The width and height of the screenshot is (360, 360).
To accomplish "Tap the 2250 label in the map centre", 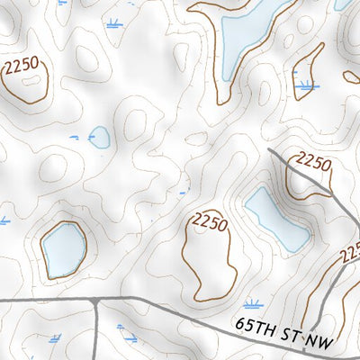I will pos(210,221).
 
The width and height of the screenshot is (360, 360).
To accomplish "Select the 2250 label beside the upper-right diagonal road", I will pos(313,163).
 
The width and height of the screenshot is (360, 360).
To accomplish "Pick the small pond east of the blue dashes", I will pos(100,137).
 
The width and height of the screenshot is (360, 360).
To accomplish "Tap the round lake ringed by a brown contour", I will pos(63,248).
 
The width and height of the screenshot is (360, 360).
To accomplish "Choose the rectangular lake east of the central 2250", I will pos(276,220).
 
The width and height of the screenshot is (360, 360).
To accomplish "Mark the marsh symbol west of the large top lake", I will pos(114,24).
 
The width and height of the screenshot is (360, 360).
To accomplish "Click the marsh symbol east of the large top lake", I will pos(307,86).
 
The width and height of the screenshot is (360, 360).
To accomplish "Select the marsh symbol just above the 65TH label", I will pos(253,304).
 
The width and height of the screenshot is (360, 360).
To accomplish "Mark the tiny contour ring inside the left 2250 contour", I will pos(27,83).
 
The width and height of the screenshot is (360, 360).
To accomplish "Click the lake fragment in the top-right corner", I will pos(344,4).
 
